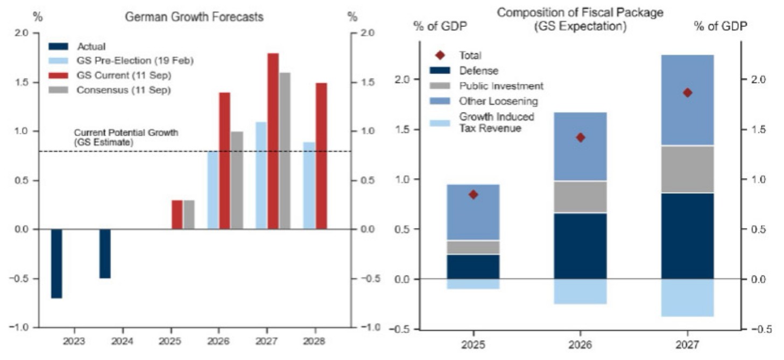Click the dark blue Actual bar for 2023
point(56,264)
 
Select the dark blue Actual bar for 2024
point(105,254)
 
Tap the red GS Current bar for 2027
point(273,141)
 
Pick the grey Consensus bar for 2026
point(237,180)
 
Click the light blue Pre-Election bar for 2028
point(309,186)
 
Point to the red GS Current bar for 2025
point(177,215)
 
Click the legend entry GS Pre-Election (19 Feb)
point(135,61)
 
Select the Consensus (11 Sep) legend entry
point(123,90)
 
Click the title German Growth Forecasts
point(194,17)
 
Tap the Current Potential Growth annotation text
point(126,137)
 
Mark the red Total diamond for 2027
point(687,93)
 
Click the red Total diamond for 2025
point(473,194)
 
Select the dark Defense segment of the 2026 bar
point(580,246)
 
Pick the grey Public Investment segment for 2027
point(687,169)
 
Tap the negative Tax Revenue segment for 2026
point(580,292)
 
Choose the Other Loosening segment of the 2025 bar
point(473,212)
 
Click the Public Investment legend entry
point(500,86)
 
